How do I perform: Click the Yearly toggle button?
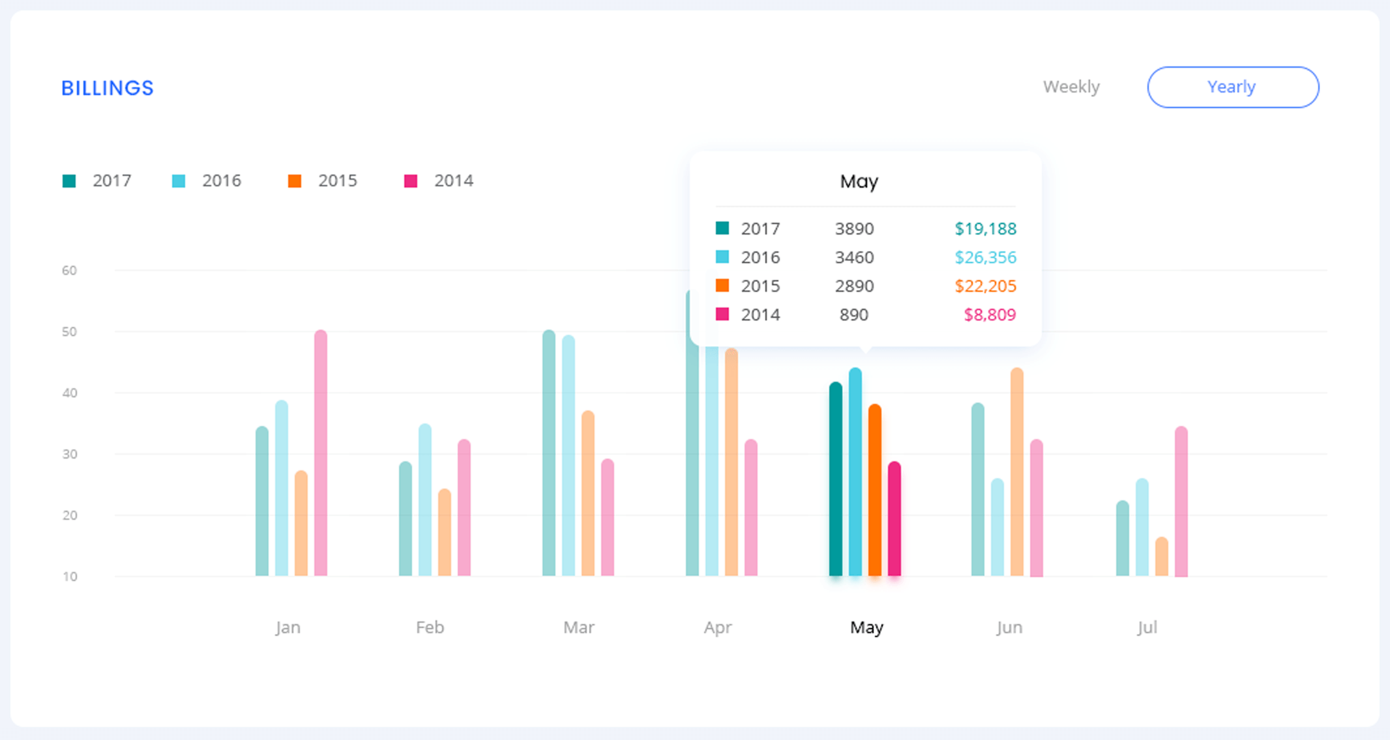click(x=1232, y=87)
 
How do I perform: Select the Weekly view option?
click(x=1071, y=87)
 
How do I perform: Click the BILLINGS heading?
click(x=108, y=88)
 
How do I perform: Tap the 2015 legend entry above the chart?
click(x=323, y=181)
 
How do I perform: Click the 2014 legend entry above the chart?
click(x=439, y=181)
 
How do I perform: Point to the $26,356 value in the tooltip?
click(x=984, y=257)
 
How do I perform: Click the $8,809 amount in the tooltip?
click(x=989, y=315)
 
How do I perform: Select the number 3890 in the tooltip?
click(x=854, y=229)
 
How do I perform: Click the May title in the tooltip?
click(x=859, y=182)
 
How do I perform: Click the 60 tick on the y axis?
click(x=70, y=270)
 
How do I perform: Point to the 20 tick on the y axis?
click(x=70, y=515)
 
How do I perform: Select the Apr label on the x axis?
click(x=717, y=627)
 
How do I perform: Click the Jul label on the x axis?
click(x=1147, y=627)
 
